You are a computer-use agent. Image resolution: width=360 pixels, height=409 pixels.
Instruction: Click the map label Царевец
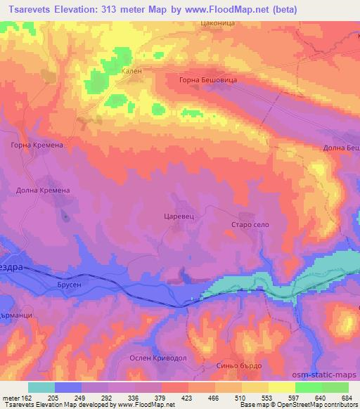179,217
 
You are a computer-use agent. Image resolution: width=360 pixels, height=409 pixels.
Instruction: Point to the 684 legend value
347,395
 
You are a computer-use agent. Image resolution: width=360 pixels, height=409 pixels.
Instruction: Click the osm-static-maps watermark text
330,376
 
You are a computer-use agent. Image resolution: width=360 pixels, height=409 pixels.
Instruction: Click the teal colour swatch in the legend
41,387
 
